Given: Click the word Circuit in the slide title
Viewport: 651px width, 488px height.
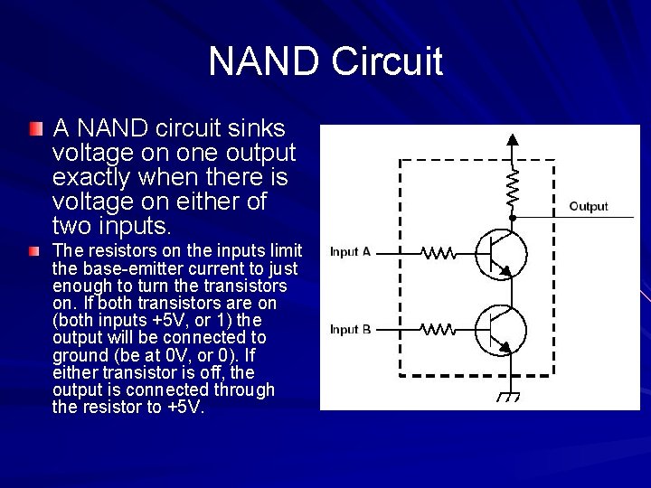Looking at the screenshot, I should (386, 61).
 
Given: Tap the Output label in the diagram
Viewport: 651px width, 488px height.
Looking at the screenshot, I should (589, 207).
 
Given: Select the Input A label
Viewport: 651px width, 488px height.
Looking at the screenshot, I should (351, 252).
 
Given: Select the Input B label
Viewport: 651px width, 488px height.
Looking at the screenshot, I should (351, 330).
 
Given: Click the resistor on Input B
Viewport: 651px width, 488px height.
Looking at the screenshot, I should (438, 331).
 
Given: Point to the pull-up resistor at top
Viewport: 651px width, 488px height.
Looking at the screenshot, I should (513, 187).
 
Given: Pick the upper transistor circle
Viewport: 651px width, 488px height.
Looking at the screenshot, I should (501, 254).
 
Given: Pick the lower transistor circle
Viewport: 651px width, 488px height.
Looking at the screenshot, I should (501, 331).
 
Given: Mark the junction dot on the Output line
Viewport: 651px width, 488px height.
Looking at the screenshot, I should (513, 218).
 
